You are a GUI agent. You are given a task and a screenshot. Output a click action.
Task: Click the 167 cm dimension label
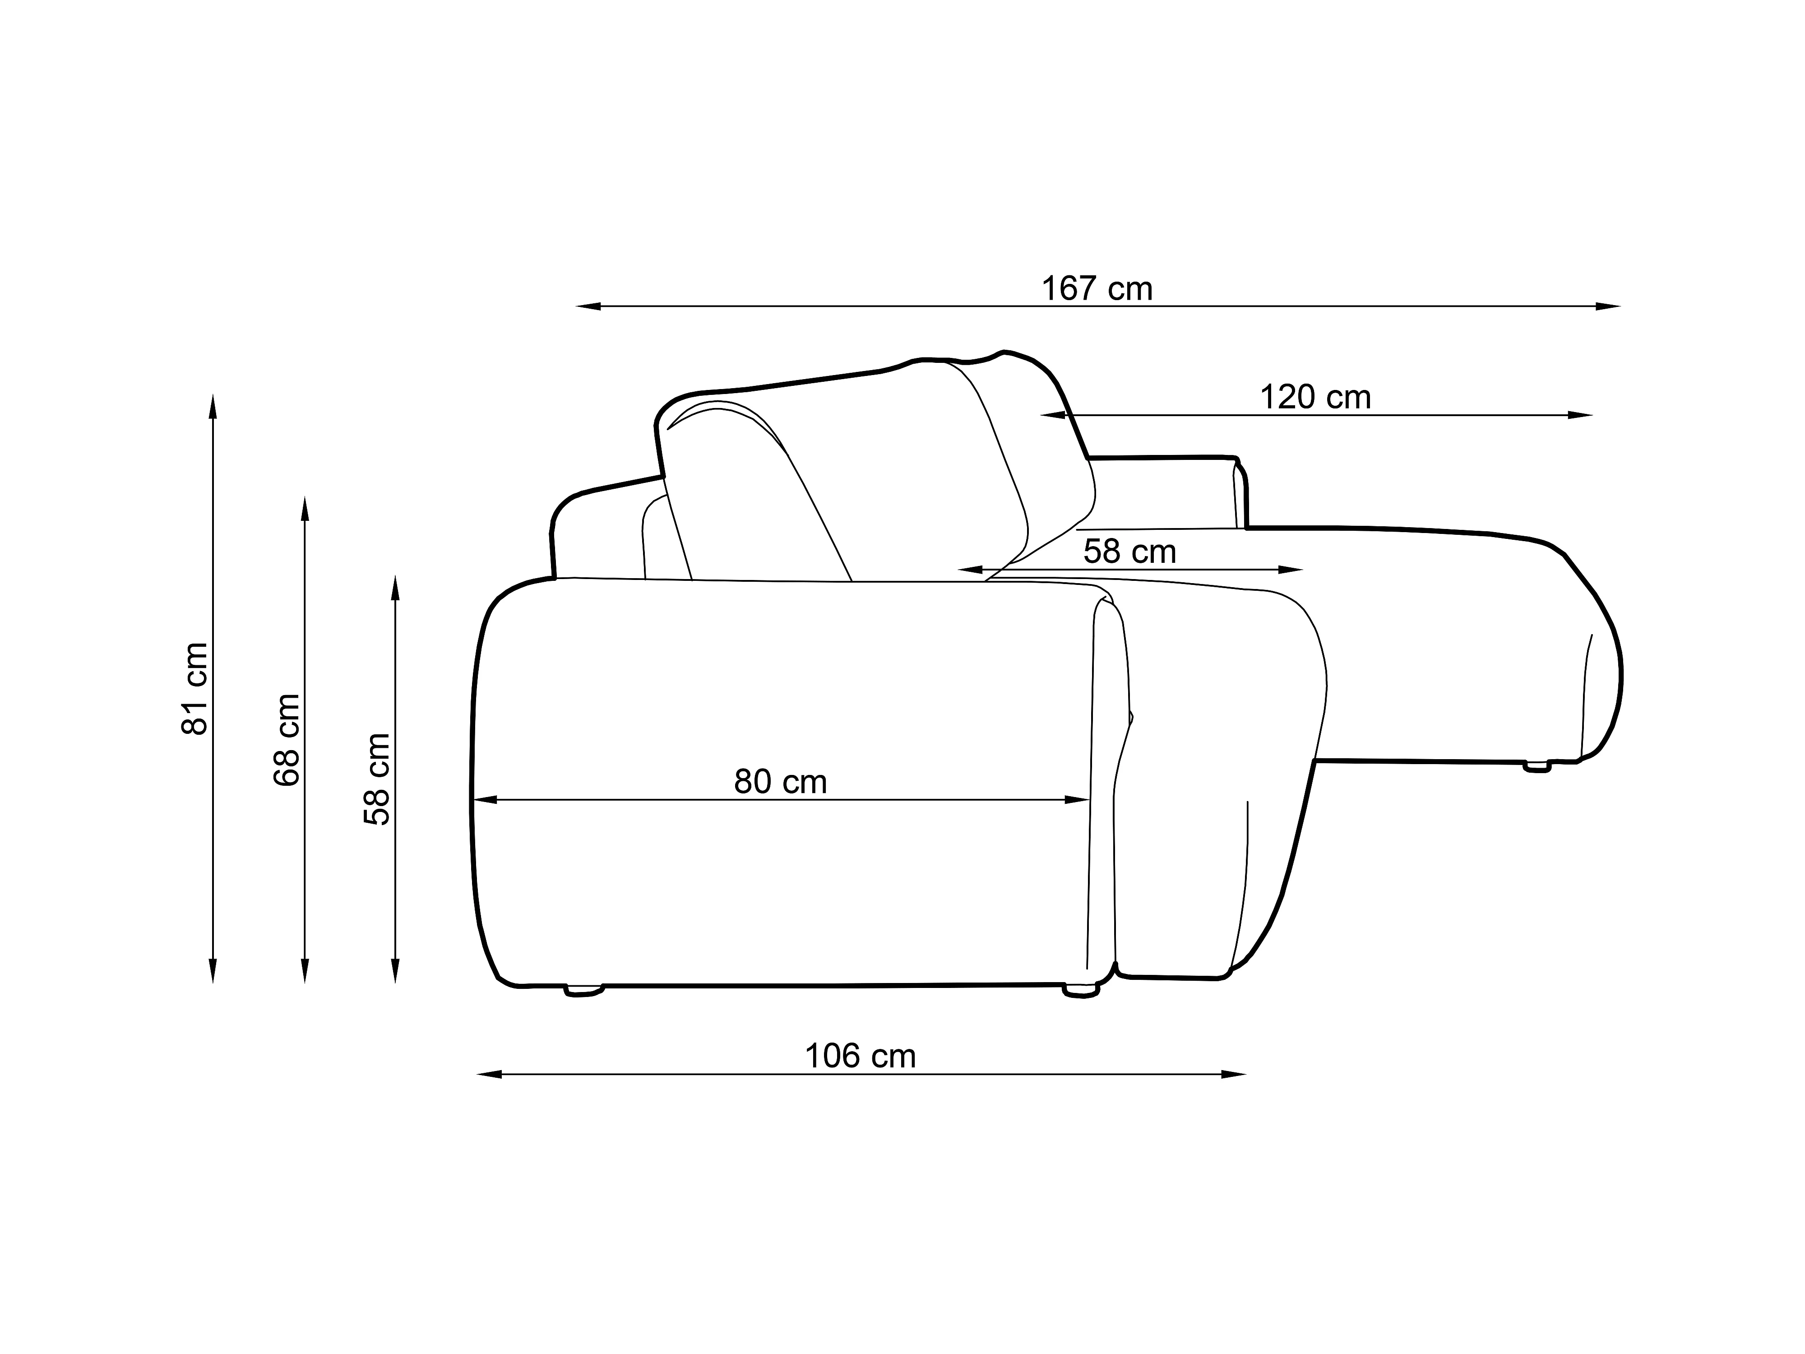[x=1097, y=289]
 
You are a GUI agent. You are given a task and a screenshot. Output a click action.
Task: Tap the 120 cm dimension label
[x=1315, y=398]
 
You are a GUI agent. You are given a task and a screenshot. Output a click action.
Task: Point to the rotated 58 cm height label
[x=377, y=779]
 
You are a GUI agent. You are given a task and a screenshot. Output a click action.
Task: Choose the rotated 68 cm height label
[x=287, y=740]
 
